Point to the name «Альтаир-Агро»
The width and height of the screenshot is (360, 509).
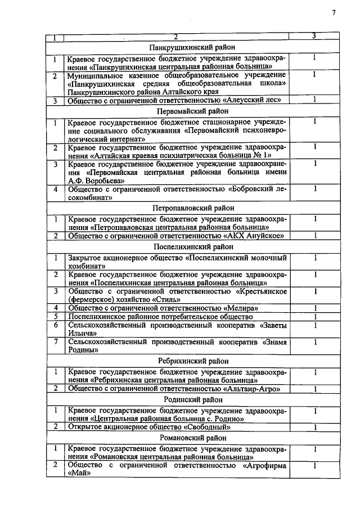(249, 389)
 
